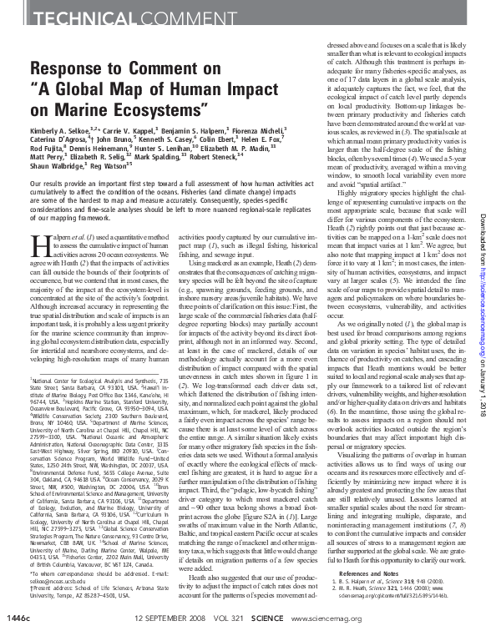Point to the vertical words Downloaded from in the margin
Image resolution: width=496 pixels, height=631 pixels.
pyautogui.click(x=484, y=90)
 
